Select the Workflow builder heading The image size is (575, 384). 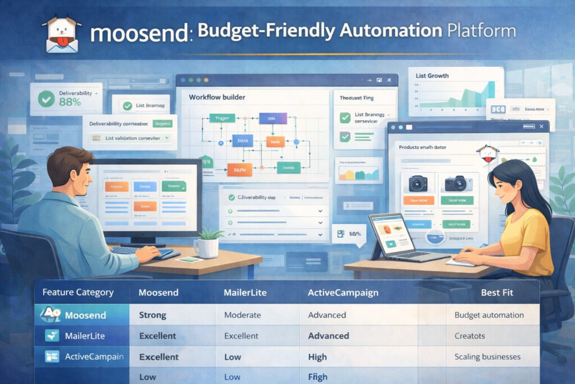coord(217,97)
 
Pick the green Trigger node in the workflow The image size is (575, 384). coord(221,118)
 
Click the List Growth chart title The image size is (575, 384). coord(432,75)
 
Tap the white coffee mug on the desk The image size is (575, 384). coord(206,247)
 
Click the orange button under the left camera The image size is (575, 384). coord(418,200)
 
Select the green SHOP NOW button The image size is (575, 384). coord(458,200)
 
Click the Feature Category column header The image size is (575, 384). coord(78,292)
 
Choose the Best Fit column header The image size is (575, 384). coord(497,293)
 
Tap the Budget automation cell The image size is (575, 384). coord(489,315)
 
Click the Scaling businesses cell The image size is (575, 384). coord(487,356)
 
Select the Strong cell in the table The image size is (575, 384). coord(153,315)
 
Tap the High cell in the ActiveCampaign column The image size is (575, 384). coord(317,356)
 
